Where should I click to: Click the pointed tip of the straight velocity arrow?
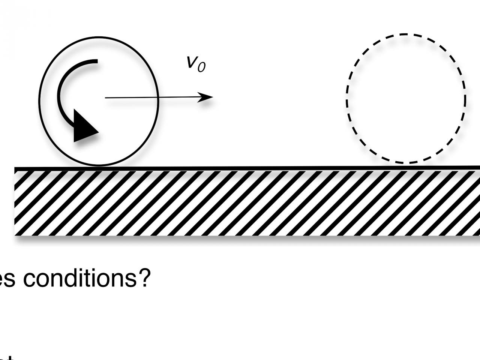212,97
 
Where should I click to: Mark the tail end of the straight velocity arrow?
106,98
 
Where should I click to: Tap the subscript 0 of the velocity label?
201,67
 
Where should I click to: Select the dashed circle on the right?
406,99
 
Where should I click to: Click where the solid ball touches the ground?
98,165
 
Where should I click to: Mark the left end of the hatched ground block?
16,202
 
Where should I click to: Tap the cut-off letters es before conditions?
7,280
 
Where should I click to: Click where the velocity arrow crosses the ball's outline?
158,97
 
